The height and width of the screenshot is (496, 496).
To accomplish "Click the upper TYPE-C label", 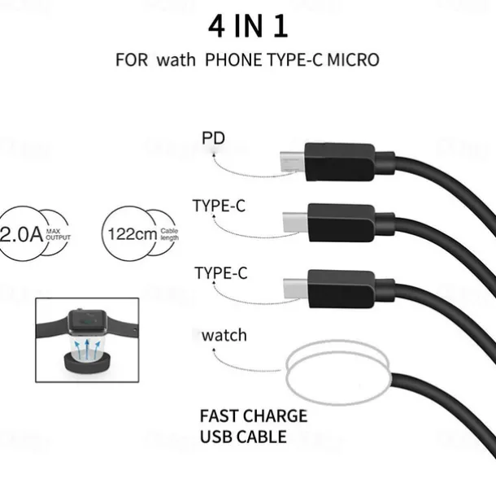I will point(219,206).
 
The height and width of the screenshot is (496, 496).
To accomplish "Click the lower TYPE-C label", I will point(220,272).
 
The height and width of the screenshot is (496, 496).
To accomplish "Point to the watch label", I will point(224,334).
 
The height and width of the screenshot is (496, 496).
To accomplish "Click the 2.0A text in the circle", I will point(21,236).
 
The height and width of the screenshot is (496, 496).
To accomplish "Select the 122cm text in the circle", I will point(133,235).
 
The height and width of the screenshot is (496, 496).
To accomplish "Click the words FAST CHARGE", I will point(253,416).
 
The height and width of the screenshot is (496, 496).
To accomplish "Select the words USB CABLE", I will point(242,437).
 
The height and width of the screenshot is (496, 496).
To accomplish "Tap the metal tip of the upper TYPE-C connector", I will point(294,220).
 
